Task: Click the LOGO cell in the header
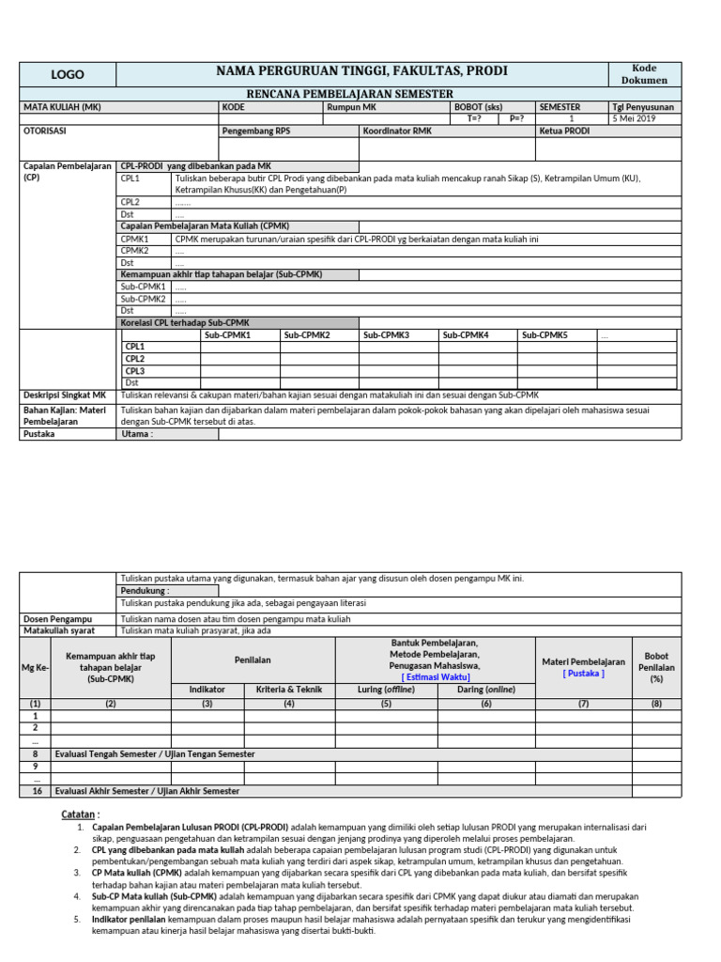tap(67, 74)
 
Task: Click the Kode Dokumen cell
tap(644, 74)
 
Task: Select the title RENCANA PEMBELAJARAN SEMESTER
tap(349, 94)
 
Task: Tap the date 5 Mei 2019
tap(636, 119)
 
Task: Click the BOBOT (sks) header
tap(478, 107)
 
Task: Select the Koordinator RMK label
tap(396, 132)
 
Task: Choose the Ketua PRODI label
tap(564, 132)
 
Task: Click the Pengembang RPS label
tap(256, 132)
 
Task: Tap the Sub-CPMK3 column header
tap(386, 335)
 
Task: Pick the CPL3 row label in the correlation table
tap(135, 371)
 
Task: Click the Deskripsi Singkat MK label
tap(65, 396)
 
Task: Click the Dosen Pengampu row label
tap(57, 619)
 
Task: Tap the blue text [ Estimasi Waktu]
tap(436, 676)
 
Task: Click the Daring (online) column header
tap(486, 690)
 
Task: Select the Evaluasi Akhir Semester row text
tap(147, 791)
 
